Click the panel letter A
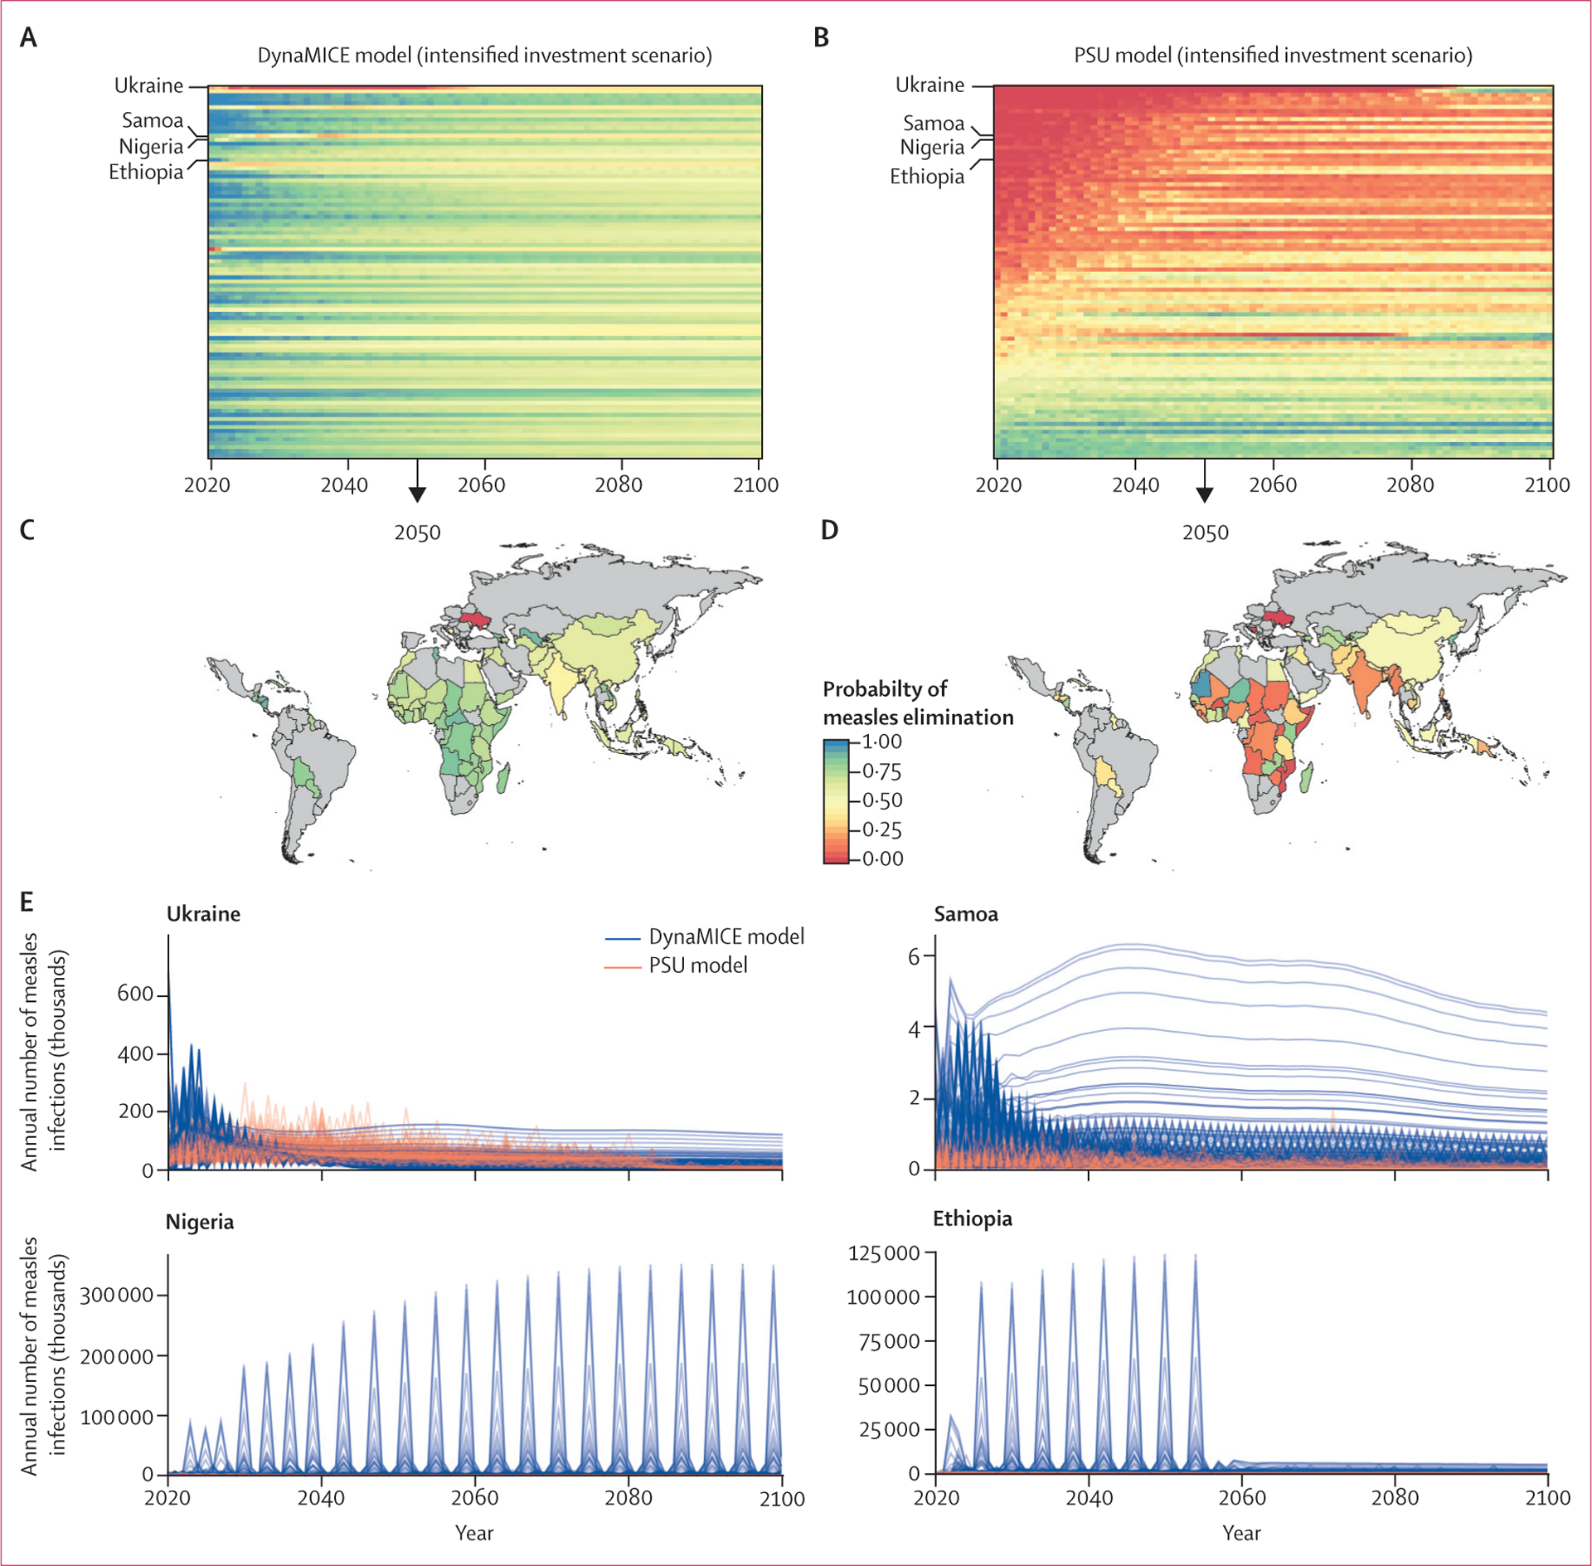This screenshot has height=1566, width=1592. click(x=28, y=37)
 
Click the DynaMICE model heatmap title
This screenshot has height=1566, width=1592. click(x=484, y=56)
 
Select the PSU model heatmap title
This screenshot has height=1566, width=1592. click(x=1273, y=56)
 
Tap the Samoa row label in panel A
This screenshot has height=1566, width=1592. click(x=153, y=120)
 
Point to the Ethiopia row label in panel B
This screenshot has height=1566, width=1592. click(x=927, y=177)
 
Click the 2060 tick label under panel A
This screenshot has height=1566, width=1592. click(x=481, y=485)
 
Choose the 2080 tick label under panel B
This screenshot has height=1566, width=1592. click(x=1410, y=485)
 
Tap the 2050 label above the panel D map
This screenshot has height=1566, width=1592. click(x=1206, y=533)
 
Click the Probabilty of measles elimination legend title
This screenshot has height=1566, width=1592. click(x=918, y=703)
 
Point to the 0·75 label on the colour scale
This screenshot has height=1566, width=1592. click(x=881, y=771)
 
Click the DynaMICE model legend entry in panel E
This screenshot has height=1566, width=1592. click(x=726, y=937)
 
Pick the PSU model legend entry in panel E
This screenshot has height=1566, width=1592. click(x=697, y=965)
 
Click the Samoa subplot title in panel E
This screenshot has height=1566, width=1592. click(x=966, y=914)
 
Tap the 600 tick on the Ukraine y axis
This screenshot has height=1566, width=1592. click(x=135, y=994)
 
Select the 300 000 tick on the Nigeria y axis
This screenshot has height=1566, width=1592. click(x=116, y=1296)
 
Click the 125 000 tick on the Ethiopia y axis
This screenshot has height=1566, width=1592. click(x=884, y=1253)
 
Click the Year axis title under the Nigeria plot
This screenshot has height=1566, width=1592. click(x=474, y=1533)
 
